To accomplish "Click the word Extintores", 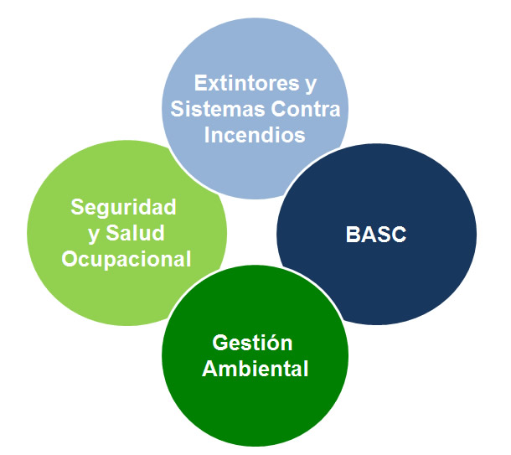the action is [x=246, y=83].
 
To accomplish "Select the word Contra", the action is [x=306, y=109].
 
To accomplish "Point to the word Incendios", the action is [x=255, y=135].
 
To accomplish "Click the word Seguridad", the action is [x=123, y=207].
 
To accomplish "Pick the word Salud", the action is [x=135, y=233].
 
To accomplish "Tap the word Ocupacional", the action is [x=126, y=260].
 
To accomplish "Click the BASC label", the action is [x=376, y=235].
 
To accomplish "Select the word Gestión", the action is [x=252, y=343].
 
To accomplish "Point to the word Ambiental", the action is [x=255, y=369].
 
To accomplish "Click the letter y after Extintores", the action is [x=311, y=85].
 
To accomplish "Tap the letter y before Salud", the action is [x=94, y=235].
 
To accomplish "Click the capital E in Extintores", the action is [x=200, y=83].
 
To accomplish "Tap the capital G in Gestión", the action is [x=220, y=344].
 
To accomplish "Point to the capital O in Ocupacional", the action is [x=70, y=260].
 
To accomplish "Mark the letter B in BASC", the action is [x=353, y=235].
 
